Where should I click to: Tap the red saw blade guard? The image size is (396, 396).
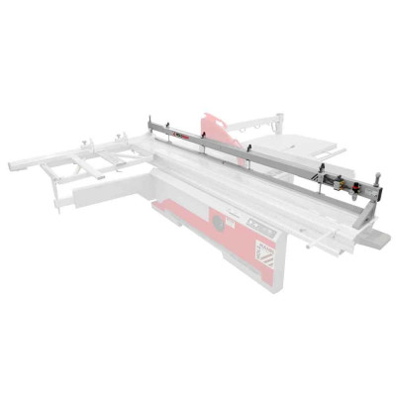(x=220, y=133)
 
